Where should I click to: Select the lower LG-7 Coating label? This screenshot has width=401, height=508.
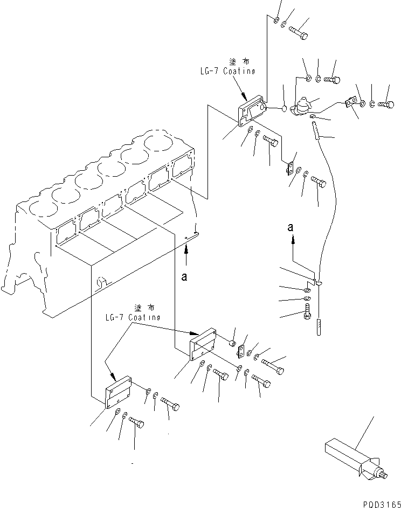point(133,317)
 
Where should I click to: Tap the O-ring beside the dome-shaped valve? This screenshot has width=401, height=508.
point(284,110)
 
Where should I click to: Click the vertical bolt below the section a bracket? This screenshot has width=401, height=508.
point(307,312)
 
